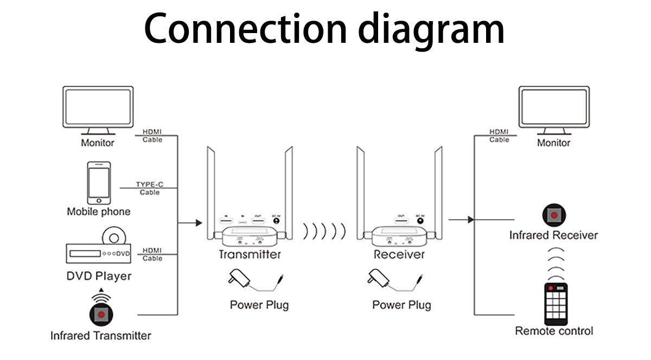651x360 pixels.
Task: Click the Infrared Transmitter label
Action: point(100,336)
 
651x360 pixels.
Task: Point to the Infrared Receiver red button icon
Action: point(553,215)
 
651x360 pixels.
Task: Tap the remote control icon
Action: point(554,304)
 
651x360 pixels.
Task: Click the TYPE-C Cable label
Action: point(150,188)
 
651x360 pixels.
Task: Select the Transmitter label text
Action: point(250,254)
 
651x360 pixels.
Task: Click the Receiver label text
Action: point(399,254)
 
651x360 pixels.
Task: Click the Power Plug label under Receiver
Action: point(401,305)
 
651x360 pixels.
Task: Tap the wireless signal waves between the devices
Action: point(324,231)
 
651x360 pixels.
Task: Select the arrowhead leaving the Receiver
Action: point(470,220)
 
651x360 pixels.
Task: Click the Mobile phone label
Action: point(98,211)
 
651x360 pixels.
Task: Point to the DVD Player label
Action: point(99,276)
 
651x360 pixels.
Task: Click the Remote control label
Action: point(554,331)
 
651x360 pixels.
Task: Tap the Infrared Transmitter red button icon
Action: point(100,313)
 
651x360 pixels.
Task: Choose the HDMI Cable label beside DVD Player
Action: point(152,254)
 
